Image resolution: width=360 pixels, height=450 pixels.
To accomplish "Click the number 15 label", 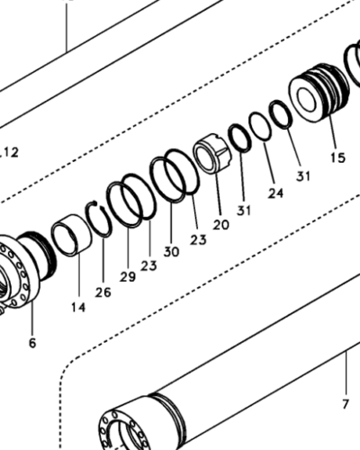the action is click(x=337, y=157).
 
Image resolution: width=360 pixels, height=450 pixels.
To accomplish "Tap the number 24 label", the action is click(x=275, y=193).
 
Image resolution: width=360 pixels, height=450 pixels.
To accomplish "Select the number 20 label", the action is click(x=220, y=224).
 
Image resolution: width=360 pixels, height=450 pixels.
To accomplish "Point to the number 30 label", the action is click(x=171, y=251).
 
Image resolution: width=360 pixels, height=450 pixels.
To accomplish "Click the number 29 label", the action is click(x=128, y=276).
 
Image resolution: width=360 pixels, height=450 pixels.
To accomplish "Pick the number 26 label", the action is click(x=103, y=292).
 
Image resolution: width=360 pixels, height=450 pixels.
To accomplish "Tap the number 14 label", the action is click(x=78, y=307).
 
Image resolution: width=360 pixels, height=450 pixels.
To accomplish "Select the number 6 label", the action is click(x=32, y=343).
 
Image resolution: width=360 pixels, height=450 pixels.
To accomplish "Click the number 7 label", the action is click(x=346, y=404).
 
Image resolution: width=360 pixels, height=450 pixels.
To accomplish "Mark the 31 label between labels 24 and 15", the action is click(x=303, y=176).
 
